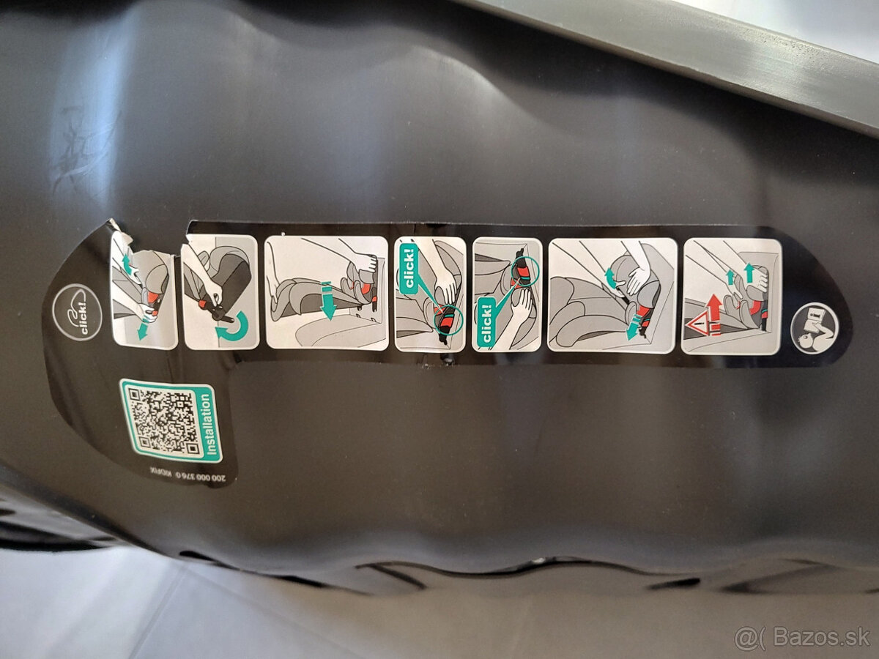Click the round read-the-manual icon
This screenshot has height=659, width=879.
tap(814, 327)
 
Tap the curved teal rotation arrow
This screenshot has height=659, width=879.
tap(233, 327)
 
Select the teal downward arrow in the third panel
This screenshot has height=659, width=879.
tap(327, 301)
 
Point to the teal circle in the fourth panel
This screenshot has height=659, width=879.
tap(448, 321)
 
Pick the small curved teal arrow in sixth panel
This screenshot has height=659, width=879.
tap(608, 276)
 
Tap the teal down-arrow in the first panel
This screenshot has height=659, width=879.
tap(141, 330)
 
